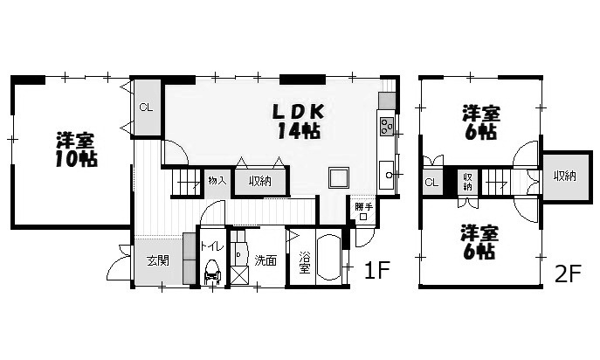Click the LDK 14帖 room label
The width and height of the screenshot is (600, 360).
pos(299,121)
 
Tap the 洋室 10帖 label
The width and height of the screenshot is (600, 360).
pos(76,149)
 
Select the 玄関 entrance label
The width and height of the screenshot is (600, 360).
pos(158,261)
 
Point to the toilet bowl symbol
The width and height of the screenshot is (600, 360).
pos(212,272)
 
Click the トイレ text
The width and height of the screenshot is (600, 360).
pos(212,246)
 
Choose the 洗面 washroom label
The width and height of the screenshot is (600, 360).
pos(266,260)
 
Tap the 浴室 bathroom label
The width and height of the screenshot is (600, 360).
pos(305,262)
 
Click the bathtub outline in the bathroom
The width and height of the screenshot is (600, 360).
pos(328,258)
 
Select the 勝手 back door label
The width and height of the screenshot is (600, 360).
pos(363,207)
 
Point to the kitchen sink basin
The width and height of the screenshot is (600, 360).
pos(387,175)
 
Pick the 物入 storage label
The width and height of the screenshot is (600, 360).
pos(217,181)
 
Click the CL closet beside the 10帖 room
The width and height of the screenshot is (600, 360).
pos(146,107)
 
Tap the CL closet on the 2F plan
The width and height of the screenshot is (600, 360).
pos(431,183)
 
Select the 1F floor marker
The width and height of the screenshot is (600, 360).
pos(377,271)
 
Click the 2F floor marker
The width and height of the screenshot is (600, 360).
pos(569,273)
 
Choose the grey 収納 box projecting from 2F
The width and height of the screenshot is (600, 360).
pos(566,176)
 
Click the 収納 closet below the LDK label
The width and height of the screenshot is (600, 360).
pos(260,181)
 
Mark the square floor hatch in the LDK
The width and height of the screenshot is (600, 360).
pos(339,177)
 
